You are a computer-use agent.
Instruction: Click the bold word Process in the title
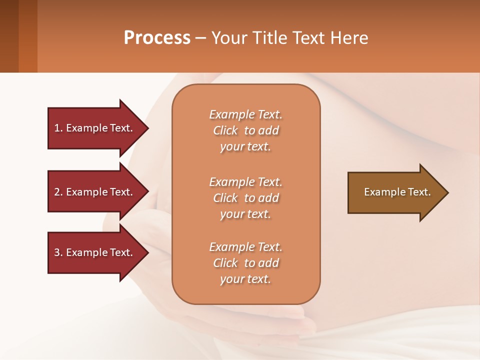pyautogui.click(x=157, y=38)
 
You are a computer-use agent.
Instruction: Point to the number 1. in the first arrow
pyautogui.click(x=58, y=128)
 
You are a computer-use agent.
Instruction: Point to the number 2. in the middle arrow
pyautogui.click(x=58, y=192)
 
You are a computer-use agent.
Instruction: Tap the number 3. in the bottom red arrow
pyautogui.click(x=58, y=252)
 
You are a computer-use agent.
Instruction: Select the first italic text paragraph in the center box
pyautogui.click(x=245, y=130)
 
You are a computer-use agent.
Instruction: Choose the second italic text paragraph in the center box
pyautogui.click(x=245, y=198)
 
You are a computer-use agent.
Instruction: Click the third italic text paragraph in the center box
pyautogui.click(x=245, y=263)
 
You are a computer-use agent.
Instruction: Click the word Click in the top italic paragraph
pyautogui.click(x=225, y=130)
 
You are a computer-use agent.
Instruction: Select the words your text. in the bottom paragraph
pyautogui.click(x=245, y=279)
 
